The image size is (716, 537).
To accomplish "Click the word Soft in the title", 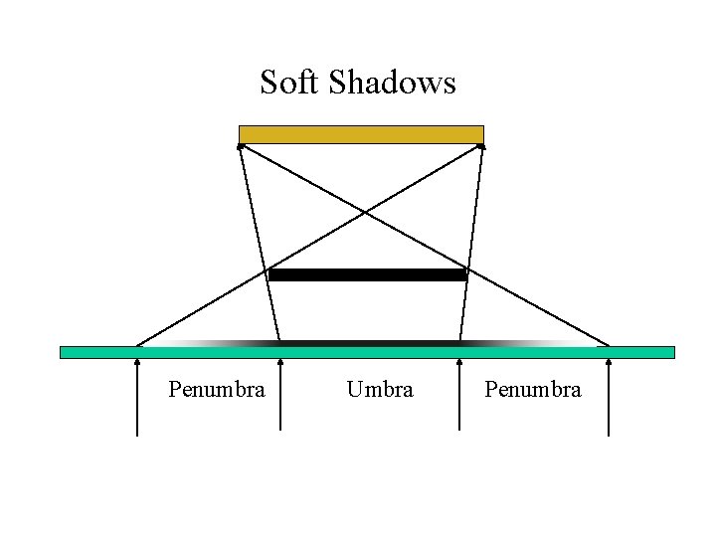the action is pyautogui.click(x=289, y=82).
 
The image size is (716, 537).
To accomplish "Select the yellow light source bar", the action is pyautogui.click(x=361, y=134).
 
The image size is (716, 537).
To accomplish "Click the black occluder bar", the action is pyautogui.click(x=368, y=274).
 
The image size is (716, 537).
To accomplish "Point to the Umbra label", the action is pyautogui.click(x=380, y=390).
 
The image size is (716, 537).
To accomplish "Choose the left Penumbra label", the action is pyautogui.click(x=217, y=390).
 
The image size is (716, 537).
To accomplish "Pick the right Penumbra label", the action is pyautogui.click(x=533, y=390).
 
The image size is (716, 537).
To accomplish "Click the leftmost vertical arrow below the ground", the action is pyautogui.click(x=137, y=398).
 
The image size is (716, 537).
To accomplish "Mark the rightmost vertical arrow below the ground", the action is pyautogui.click(x=609, y=398).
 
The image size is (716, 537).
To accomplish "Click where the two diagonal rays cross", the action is pyautogui.click(x=364, y=212).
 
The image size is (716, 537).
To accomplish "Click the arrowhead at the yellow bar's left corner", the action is pyautogui.click(x=241, y=146).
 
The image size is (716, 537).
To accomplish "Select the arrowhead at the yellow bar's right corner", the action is pyautogui.click(x=481, y=146).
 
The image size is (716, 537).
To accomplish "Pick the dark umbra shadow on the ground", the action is pyautogui.click(x=370, y=343).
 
